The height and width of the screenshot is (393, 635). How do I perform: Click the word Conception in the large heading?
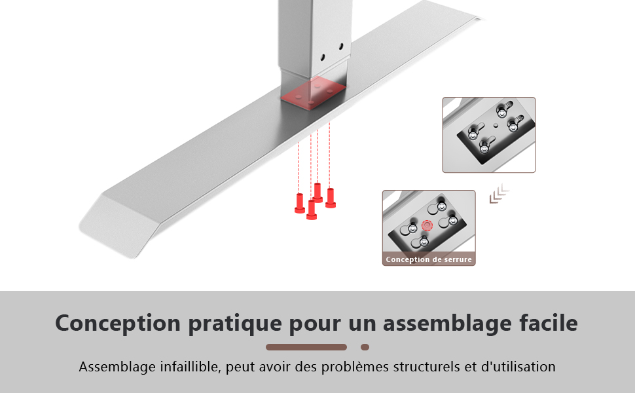click(118, 324)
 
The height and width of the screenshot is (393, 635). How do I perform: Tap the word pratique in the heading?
click(235, 324)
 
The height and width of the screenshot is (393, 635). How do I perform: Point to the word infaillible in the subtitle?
click(190, 367)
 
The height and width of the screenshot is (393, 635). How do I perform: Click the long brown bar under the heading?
click(306, 347)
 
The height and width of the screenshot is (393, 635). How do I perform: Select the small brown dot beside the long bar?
click(365, 347)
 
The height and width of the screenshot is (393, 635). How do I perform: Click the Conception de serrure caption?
click(429, 259)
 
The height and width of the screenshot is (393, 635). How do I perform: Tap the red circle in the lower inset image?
click(427, 225)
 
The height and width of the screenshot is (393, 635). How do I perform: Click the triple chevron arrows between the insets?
click(499, 194)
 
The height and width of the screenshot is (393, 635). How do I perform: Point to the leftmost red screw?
click(300, 203)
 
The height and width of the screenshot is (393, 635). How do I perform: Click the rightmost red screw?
click(331, 198)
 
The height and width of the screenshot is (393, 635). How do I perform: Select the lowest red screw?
click(312, 210)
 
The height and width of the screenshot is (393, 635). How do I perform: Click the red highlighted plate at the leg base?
click(313, 94)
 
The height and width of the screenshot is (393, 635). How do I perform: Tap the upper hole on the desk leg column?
click(341, 47)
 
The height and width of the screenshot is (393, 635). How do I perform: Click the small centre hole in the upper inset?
click(496, 126)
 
